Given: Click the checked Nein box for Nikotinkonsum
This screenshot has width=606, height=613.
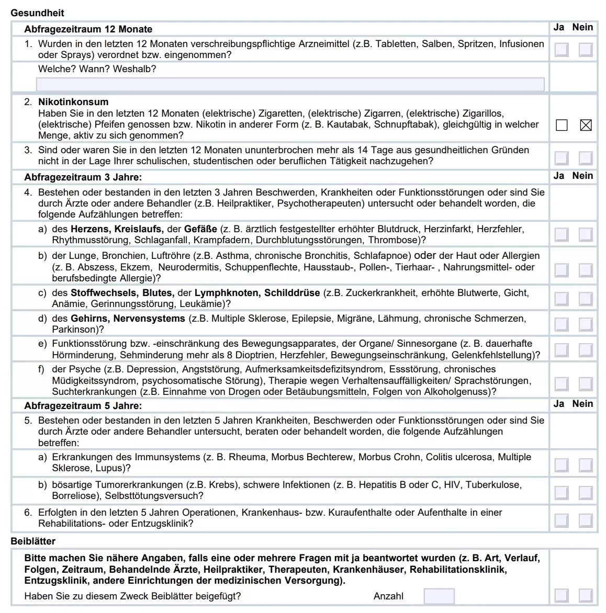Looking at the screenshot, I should coord(586,125).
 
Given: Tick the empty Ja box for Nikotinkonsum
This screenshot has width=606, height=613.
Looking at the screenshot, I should coord(562,125).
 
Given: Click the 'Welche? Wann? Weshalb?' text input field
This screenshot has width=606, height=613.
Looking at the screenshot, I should coord(290,84).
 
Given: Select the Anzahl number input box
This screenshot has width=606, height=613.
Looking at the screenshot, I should coord(439,596).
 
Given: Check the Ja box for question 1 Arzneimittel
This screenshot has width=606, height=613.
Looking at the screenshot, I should coord(562,50).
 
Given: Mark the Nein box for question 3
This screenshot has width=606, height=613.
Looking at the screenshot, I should coord(586,157).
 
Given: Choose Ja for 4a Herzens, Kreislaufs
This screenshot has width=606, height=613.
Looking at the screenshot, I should coord(562,234).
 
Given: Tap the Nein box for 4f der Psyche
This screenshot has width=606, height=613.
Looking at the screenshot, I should coord(586,383).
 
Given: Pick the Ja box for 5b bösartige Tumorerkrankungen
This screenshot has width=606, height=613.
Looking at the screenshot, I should coord(562,492).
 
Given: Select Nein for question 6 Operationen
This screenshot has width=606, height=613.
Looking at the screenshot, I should coord(586,520).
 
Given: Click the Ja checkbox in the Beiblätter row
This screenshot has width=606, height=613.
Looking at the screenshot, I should coord(562,595).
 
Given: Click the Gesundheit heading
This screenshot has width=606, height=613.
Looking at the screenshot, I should coord(37,13).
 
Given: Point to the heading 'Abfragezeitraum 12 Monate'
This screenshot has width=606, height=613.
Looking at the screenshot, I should coord(88,29).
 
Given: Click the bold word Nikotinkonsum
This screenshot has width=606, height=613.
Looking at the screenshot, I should coord(73,102).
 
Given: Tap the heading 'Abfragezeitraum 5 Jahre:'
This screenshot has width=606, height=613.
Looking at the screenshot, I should coord(83,406).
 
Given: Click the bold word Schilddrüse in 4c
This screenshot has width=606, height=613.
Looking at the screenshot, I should coord(291,293).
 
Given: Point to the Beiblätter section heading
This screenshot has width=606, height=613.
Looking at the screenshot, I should coord(33,541).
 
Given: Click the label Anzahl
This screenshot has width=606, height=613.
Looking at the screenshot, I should coord(388,596).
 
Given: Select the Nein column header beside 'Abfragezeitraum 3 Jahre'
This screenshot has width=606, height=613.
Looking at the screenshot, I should coord(582,176).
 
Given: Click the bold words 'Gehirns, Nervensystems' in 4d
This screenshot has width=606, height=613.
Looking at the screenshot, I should coord(128,319).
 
